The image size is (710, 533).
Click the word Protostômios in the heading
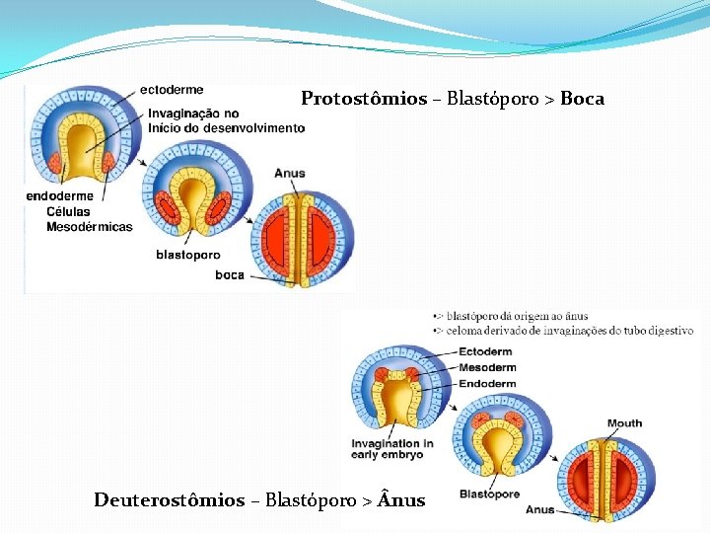click(x=364, y=99)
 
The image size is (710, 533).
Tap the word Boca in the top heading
click(x=582, y=99)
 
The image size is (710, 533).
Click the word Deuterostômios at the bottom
click(x=169, y=500)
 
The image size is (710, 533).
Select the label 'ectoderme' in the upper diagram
click(x=172, y=90)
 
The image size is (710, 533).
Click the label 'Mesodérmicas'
click(x=89, y=227)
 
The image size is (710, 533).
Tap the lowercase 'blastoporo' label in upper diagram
click(x=187, y=255)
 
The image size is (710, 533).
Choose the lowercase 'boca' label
click(x=230, y=275)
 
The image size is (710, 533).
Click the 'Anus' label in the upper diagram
click(x=290, y=174)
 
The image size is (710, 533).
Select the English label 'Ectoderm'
click(x=485, y=351)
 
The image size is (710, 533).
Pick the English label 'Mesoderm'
click(x=487, y=367)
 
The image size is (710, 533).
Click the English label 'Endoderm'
click(x=487, y=384)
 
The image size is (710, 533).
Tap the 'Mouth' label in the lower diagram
click(x=624, y=423)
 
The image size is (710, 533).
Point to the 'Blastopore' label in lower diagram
click(x=489, y=495)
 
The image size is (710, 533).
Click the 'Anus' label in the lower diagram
click(x=539, y=509)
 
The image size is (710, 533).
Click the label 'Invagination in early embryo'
click(x=391, y=449)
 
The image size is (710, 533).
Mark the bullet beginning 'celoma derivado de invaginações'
click(x=567, y=331)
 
